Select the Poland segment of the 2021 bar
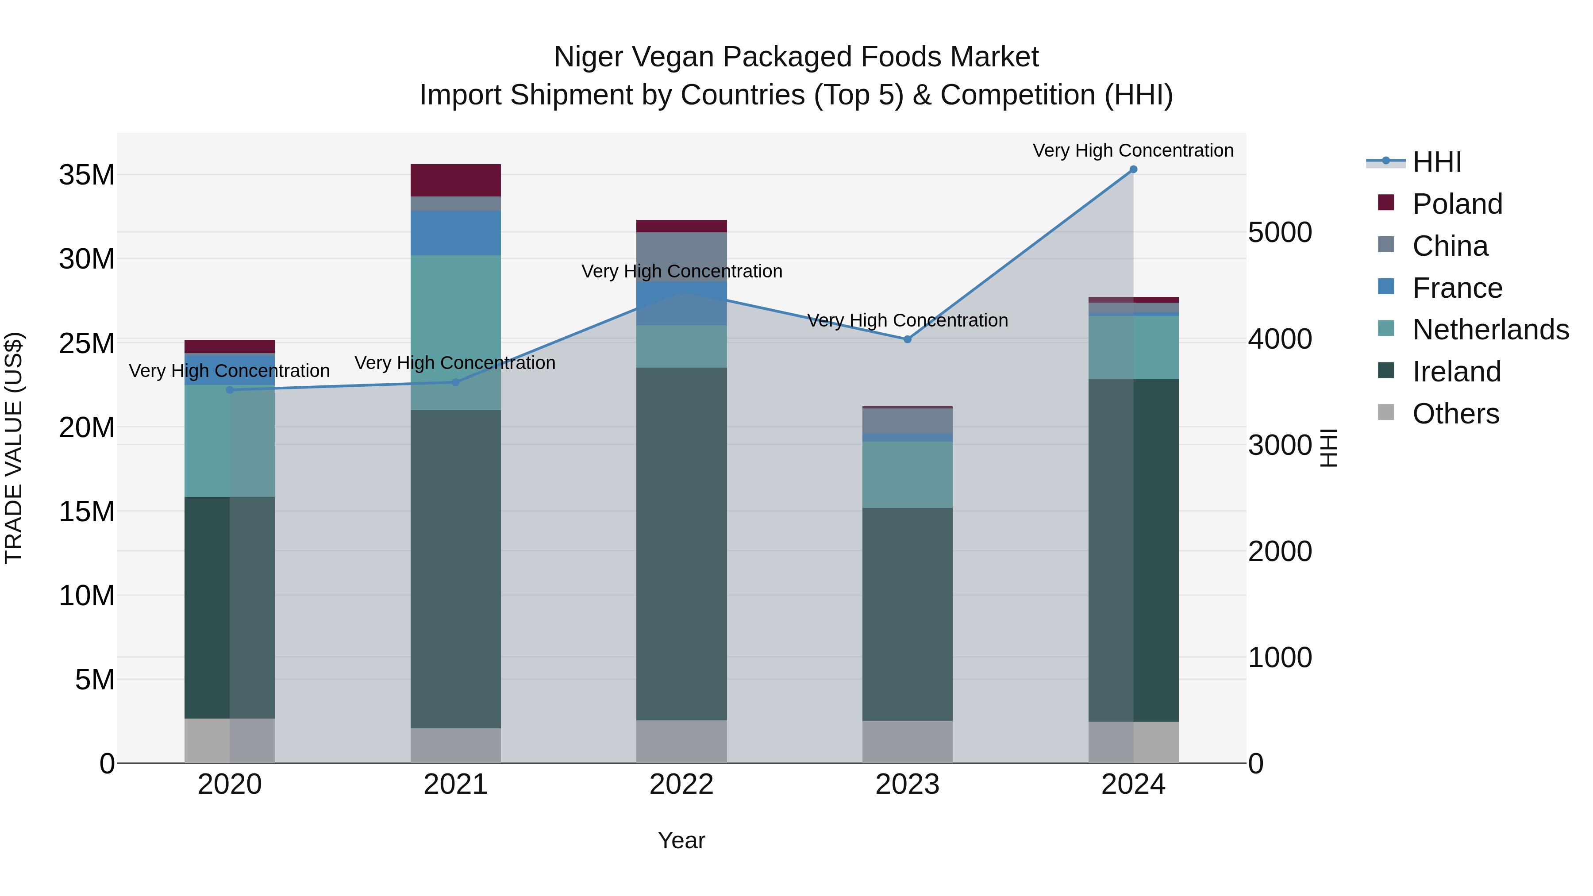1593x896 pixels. [456, 180]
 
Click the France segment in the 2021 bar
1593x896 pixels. [456, 233]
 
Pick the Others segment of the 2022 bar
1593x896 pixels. [681, 742]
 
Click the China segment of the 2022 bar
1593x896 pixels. [681, 257]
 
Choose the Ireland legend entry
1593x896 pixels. [1456, 372]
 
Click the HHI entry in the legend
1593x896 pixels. [1436, 162]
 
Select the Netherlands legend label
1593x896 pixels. [1490, 330]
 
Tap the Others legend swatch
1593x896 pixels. [1386, 412]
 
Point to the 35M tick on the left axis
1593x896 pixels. [87, 175]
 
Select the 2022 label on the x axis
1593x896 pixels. [681, 784]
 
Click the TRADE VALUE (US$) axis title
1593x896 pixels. [14, 448]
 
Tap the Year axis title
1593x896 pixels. [681, 840]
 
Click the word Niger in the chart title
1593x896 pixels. [588, 57]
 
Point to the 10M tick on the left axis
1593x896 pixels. [87, 596]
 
